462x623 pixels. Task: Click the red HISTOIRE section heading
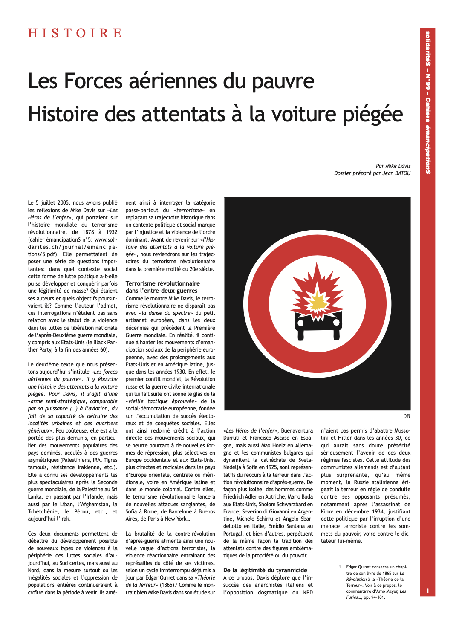pyautogui.click(x=75, y=33)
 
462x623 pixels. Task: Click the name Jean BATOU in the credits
pyautogui.click(x=396, y=173)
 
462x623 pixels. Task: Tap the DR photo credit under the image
pyautogui.click(x=407, y=416)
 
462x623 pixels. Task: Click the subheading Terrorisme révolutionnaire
pyautogui.click(x=162, y=283)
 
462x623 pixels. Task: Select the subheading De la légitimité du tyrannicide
pyautogui.click(x=265, y=570)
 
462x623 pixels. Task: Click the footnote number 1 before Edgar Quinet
pyautogui.click(x=340, y=567)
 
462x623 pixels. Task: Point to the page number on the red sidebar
pyautogui.click(x=427, y=591)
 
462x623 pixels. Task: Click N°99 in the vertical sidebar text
pyautogui.click(x=427, y=83)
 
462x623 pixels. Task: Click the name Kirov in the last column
pyautogui.click(x=327, y=511)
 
